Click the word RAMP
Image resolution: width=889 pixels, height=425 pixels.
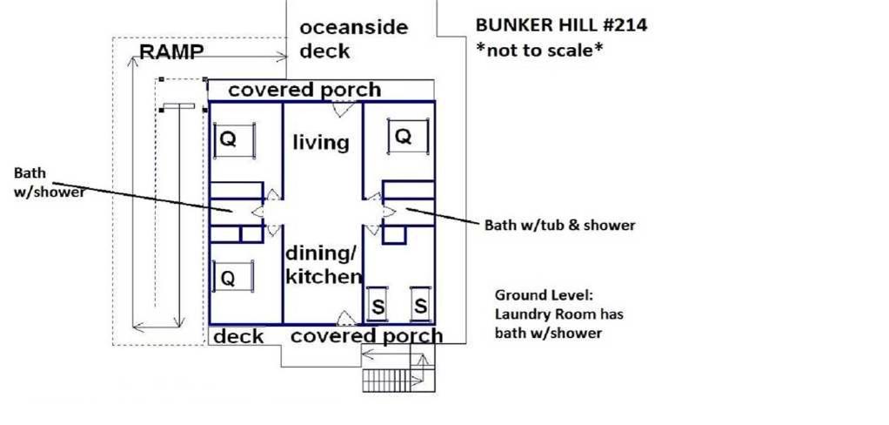click(x=171, y=51)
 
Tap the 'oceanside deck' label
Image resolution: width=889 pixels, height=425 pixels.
click(x=353, y=38)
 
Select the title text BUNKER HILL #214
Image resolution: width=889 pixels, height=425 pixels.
click(x=561, y=25)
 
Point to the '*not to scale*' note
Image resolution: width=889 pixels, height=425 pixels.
click(x=538, y=51)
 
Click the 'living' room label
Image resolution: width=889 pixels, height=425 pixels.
click(x=321, y=142)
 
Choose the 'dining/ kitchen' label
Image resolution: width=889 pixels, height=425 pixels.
click(x=324, y=266)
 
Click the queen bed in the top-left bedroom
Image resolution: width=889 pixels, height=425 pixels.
click(x=234, y=139)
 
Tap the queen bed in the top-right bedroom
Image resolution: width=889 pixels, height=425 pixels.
click(x=408, y=136)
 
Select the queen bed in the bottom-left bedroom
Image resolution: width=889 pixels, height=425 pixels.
click(x=232, y=276)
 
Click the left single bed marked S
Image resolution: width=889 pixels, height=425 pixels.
click(x=378, y=306)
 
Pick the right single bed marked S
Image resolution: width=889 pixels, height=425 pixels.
click(x=420, y=306)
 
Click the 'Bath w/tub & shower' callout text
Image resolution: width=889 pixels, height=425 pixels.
click(x=559, y=226)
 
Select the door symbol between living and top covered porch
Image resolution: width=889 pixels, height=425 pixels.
click(x=344, y=108)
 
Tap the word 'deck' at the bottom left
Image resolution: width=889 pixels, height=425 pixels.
click(x=238, y=336)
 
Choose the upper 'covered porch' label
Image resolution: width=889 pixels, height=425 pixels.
click(x=304, y=91)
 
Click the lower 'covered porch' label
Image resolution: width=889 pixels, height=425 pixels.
click(x=366, y=335)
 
